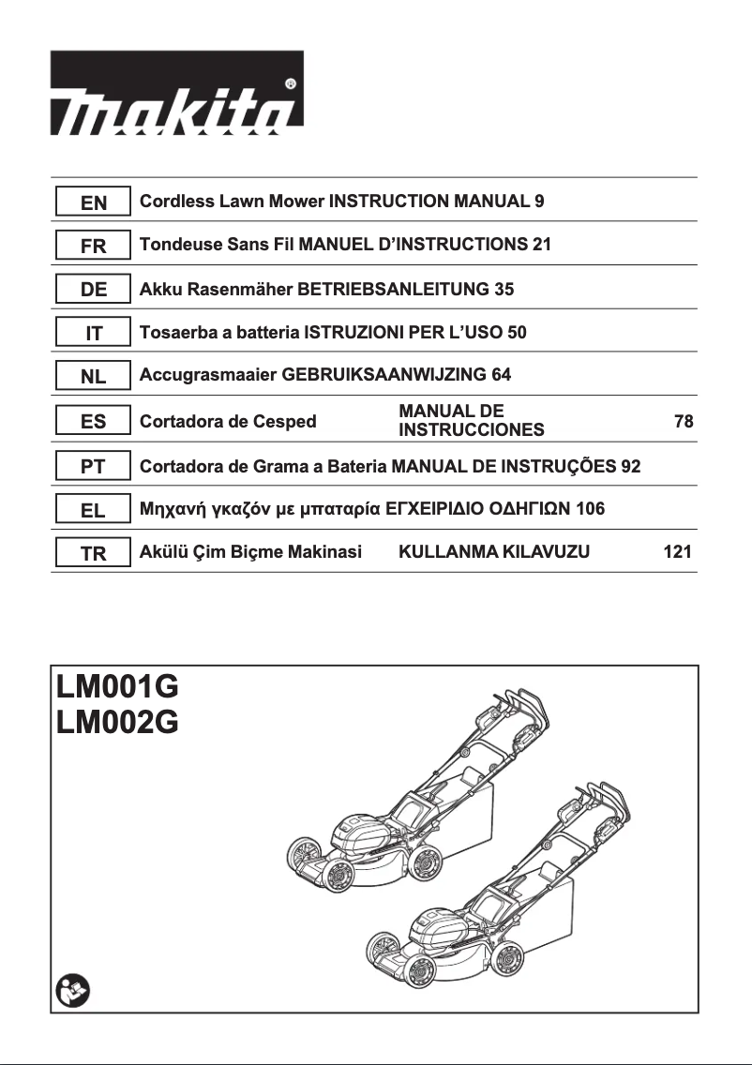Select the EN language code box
click(x=94, y=202)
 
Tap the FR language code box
click(x=94, y=247)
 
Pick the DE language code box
click(x=94, y=291)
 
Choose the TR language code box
click(x=94, y=554)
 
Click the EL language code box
click(x=94, y=510)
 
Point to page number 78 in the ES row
click(x=684, y=422)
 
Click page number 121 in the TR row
click(x=677, y=552)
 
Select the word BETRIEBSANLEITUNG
click(x=393, y=289)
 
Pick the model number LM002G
click(x=116, y=723)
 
